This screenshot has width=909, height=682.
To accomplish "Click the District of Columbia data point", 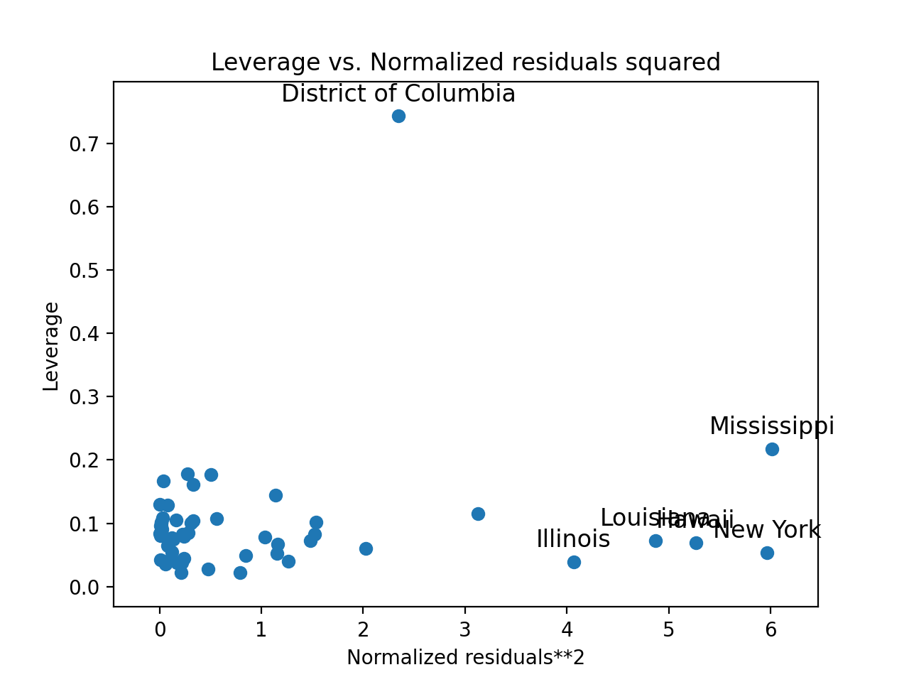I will [398, 116].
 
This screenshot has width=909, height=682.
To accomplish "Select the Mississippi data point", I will [772, 449].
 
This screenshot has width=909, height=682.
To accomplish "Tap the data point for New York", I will [767, 553].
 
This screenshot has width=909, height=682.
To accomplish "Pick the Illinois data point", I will [574, 562].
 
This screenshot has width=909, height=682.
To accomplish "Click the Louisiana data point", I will [655, 541].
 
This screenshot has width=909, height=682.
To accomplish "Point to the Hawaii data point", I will [696, 543].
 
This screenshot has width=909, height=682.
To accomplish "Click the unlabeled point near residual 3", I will [478, 514].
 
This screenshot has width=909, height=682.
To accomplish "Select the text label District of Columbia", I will [398, 94].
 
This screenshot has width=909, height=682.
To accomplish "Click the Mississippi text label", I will [772, 426].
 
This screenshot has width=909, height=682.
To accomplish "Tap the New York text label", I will [767, 530].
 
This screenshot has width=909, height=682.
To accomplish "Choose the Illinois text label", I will [573, 539].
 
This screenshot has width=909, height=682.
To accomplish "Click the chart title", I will [466, 63].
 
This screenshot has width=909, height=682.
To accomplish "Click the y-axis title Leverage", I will [51, 346].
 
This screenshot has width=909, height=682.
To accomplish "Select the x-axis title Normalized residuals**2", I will [466, 658].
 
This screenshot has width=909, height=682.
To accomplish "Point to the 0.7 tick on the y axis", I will [83, 144].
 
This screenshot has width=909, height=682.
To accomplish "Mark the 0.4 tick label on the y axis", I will [83, 334].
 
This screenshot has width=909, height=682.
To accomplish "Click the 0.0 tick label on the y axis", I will [83, 588].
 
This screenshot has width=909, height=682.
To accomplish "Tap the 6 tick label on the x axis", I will [771, 629].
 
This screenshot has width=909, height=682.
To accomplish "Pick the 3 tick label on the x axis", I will [465, 629].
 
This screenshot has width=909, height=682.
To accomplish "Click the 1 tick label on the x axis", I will [261, 629].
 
